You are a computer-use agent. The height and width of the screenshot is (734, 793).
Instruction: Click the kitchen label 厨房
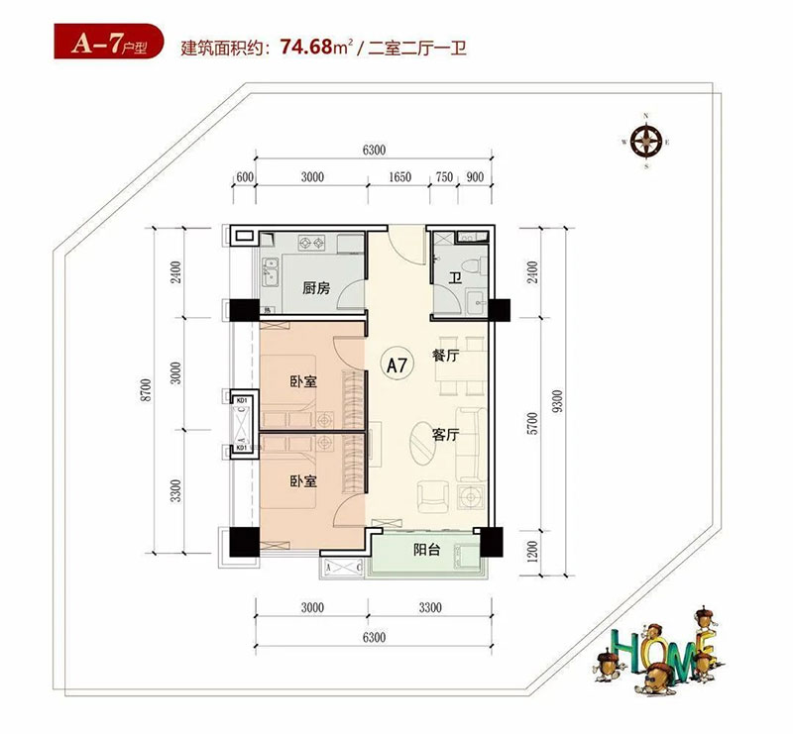pos(316,289)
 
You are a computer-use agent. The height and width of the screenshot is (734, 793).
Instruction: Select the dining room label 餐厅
pos(445,357)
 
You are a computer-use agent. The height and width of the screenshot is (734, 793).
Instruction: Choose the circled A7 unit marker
pos(396,365)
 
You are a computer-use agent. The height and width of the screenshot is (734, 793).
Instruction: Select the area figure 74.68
pos(308,46)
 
